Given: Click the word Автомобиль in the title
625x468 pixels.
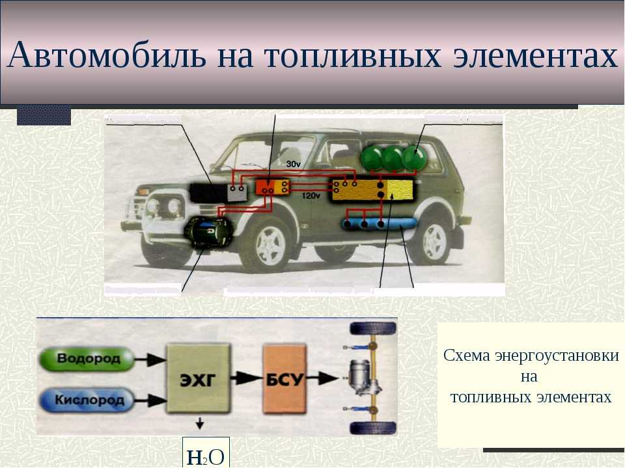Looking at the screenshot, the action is tap(107, 55).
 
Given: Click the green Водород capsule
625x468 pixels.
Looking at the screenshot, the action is tap(87, 359).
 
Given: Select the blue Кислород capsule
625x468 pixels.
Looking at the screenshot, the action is tap(87, 400).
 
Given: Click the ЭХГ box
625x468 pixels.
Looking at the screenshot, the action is tap(199, 378).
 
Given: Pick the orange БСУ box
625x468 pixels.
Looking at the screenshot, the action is tap(285, 379).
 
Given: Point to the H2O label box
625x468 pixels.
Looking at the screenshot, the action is tap(206, 452).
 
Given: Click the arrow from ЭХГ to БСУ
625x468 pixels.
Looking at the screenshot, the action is tap(246, 378).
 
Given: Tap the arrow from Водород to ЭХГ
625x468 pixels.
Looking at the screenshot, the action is tap(150, 359).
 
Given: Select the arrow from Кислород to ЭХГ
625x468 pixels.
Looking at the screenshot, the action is tap(150, 400).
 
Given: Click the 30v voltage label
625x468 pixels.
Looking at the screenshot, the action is tap(294, 164).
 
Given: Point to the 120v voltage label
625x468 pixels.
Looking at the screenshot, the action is tap(311, 196).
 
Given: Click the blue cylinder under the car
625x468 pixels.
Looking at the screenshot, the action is tap(380, 224).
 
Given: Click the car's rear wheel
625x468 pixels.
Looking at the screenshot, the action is tap(434, 242).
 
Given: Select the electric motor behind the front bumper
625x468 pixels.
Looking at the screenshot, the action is tap(208, 233).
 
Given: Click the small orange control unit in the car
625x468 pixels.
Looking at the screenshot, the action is tap(272, 187).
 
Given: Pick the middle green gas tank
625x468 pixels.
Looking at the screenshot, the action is tap(393, 159).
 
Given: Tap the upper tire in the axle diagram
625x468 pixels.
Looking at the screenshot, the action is tap(372, 329).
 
